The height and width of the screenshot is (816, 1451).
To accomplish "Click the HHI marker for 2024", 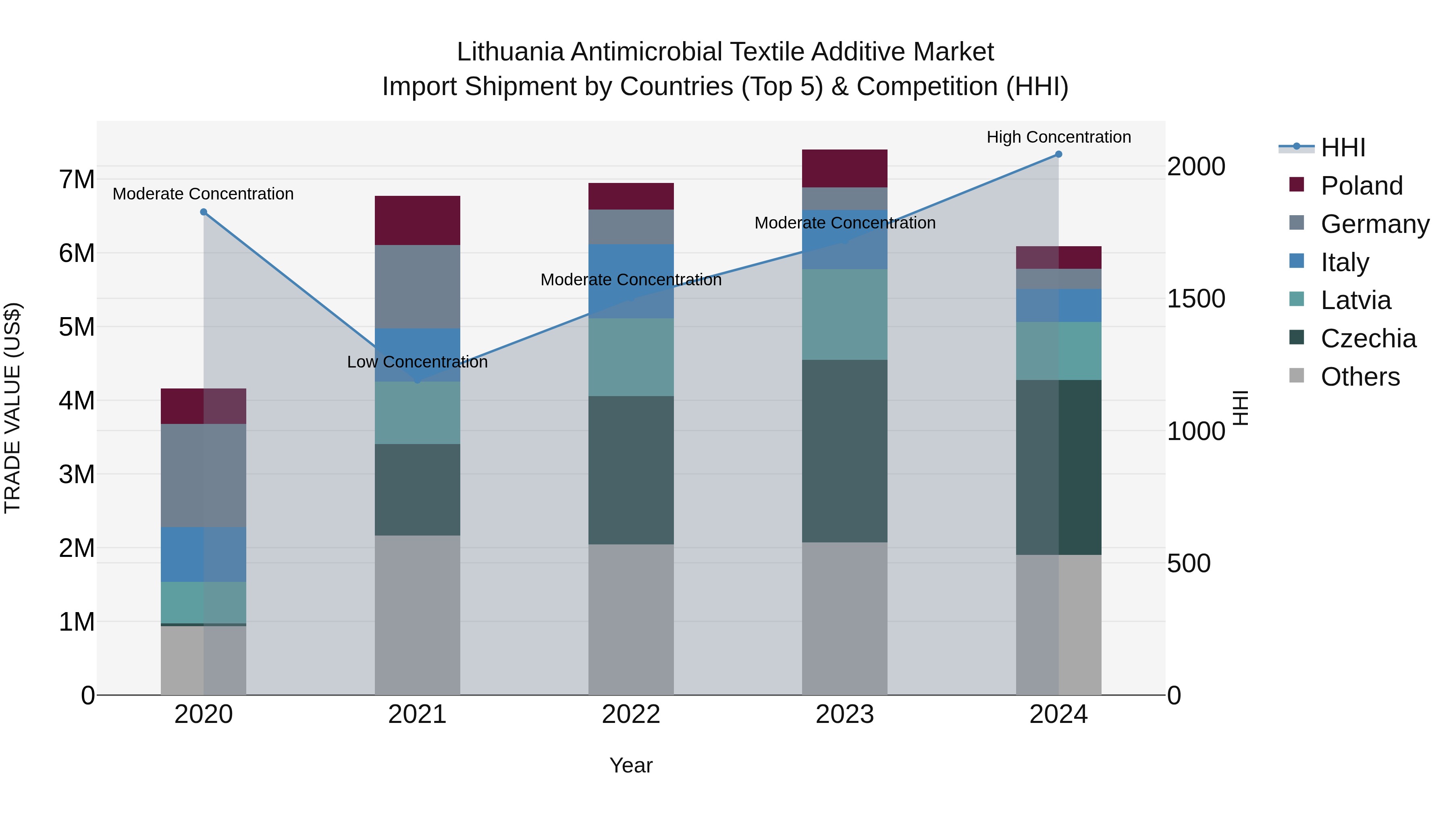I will coord(1058,154).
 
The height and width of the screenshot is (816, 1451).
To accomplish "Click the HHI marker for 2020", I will coord(204,212).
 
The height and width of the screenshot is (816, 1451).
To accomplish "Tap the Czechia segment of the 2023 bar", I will coord(844,451).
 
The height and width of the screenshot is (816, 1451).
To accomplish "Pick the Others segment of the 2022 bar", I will coord(631,619).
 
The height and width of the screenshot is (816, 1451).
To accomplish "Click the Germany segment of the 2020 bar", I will coord(204,475).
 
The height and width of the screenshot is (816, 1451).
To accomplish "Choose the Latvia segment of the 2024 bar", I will coord(1058,351).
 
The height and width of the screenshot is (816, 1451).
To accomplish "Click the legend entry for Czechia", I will coord(1368,338).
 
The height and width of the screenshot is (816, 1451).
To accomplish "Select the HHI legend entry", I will coord(1343,147).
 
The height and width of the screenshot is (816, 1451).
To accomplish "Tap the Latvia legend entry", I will coord(1355,300).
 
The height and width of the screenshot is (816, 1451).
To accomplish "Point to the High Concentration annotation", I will coord(1058,137).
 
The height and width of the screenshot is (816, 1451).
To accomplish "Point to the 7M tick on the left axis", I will coord(77,180).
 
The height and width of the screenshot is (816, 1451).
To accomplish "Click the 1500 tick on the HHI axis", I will coord(1195,299).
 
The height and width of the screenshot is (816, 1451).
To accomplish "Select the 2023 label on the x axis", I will coord(844,714).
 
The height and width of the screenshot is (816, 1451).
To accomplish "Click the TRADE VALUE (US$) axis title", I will coord(12,408).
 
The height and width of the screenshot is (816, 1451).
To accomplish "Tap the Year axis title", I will coord(631,765).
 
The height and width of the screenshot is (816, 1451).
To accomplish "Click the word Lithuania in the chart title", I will coord(510,52).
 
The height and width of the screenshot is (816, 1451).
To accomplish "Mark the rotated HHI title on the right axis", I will coord(1240,408).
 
